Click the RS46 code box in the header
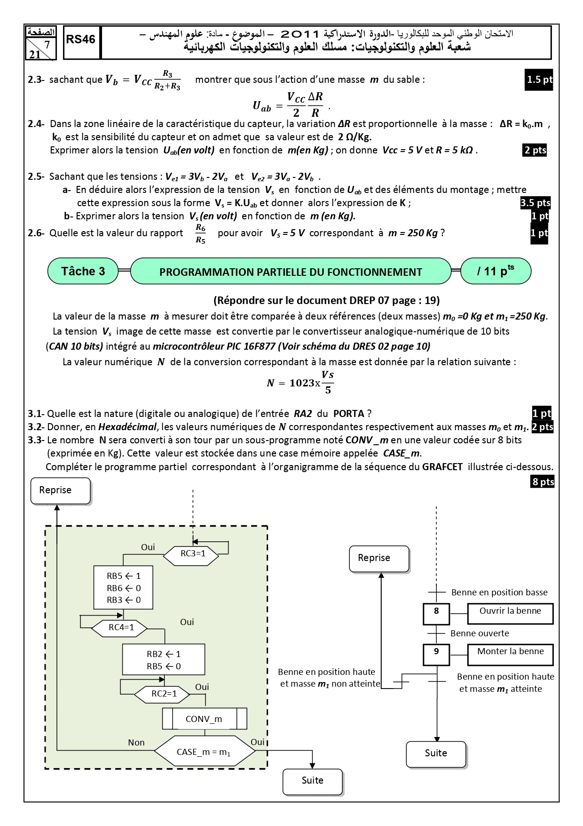coord(81,42)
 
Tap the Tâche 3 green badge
coord(83,271)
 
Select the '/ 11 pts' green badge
coord(496,271)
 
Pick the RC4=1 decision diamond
coord(119,628)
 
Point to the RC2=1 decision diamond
coord(162,694)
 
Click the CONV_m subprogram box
coord(205,719)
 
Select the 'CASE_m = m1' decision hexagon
coord(205,752)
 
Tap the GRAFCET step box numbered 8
coord(436,614)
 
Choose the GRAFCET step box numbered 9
coord(436,654)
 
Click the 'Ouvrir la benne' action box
coord(511,614)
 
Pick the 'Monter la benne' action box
coord(511,654)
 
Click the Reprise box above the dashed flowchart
coord(61,491)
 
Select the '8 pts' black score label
coord(543,481)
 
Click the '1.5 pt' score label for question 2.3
coord(539,80)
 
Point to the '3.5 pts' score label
coord(535,203)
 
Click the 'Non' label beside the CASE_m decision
coord(136,742)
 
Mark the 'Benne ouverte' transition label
coord(480,634)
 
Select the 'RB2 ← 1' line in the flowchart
coord(164,654)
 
